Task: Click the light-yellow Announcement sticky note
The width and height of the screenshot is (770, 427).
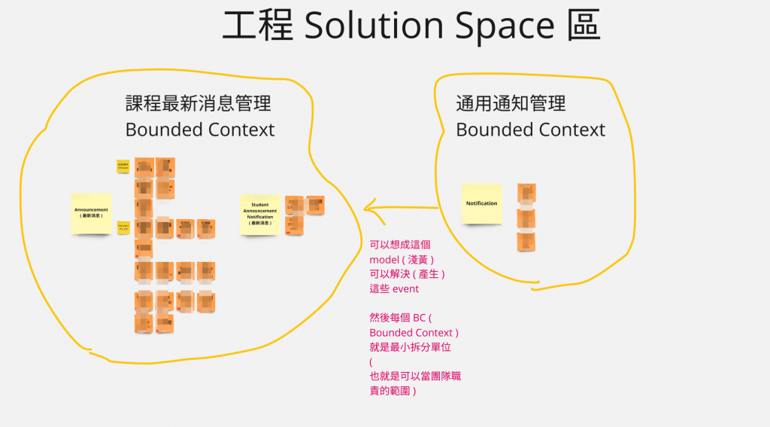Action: click(x=91, y=212)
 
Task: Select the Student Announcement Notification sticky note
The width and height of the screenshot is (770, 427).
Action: click(x=259, y=214)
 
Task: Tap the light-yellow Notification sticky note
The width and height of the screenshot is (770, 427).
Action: click(x=481, y=203)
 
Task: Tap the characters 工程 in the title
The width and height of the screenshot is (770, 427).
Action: click(x=257, y=26)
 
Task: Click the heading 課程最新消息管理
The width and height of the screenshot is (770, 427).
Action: click(x=199, y=104)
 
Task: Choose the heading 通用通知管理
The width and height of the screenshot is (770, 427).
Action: click(x=511, y=104)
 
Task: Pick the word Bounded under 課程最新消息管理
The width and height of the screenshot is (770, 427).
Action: click(x=162, y=130)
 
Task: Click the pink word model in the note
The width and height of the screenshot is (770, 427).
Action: click(x=385, y=259)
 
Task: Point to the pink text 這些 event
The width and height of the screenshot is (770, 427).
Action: click(x=394, y=288)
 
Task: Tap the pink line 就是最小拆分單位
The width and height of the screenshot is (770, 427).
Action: click(x=410, y=347)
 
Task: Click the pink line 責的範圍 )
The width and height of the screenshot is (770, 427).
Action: click(x=393, y=392)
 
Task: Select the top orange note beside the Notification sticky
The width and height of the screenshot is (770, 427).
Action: click(x=526, y=193)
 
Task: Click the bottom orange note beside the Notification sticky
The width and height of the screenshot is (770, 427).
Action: click(x=526, y=241)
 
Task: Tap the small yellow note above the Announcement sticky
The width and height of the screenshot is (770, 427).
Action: click(x=123, y=166)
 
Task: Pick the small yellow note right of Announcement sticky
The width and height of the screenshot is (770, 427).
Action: click(x=123, y=227)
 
